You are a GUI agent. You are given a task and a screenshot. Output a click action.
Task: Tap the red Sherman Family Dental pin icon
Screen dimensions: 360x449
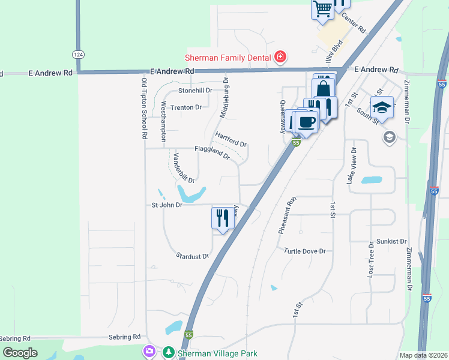(280, 57)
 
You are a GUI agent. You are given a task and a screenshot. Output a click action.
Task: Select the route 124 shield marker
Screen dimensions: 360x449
(77, 54)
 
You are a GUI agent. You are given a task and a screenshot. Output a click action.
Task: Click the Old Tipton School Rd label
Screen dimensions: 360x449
(144, 108)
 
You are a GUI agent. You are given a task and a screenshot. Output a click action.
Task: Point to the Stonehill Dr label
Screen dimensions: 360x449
(195, 91)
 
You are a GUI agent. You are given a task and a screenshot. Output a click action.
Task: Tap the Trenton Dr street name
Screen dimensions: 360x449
(185, 107)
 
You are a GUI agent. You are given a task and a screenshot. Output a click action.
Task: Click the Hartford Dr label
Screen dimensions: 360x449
(231, 140)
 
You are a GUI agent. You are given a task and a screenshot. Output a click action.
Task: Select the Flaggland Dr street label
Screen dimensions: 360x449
(211, 152)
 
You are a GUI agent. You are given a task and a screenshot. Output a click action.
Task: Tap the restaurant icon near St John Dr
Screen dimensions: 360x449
(220, 217)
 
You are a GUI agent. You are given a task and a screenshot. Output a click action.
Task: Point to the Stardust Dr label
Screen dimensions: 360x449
(192, 256)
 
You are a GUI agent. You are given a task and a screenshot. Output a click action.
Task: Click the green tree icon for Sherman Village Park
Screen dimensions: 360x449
(169, 353)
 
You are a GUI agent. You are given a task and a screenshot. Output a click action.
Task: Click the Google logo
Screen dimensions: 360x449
(20, 353)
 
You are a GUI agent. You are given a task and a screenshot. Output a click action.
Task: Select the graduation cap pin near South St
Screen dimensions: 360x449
(381, 107)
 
